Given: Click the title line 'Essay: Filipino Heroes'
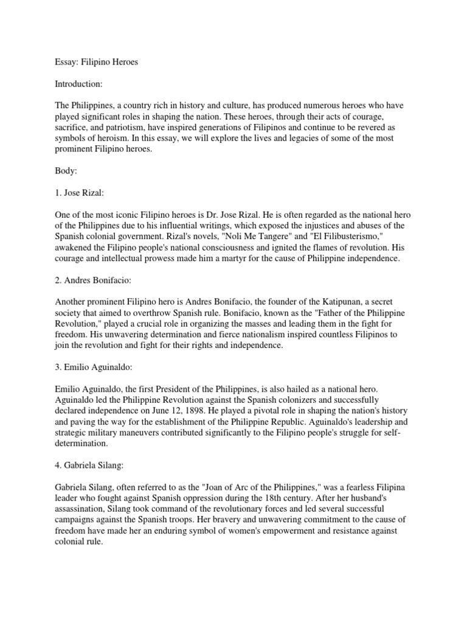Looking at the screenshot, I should [x=96, y=63].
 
